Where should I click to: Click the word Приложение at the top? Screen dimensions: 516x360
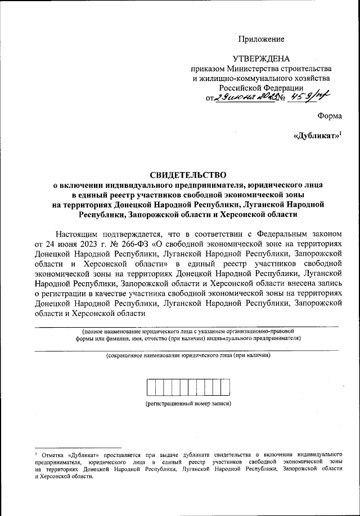262,39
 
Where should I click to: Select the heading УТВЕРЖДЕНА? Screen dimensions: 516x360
262,59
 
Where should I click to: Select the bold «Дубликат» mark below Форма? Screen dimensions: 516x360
317,137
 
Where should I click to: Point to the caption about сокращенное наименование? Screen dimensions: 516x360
188,356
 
